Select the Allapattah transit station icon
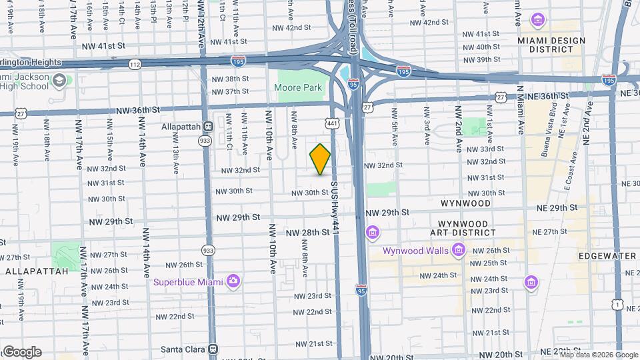click(x=209, y=125)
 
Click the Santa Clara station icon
click(x=213, y=349)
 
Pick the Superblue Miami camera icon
click(x=233, y=281)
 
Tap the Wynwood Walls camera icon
click(x=458, y=251)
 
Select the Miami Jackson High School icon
click(x=59, y=81)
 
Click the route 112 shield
click(x=135, y=65)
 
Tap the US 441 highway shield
click(x=331, y=123)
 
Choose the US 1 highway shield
click(x=618, y=305)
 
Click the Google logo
click(x=21, y=352)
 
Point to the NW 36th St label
click(x=138, y=109)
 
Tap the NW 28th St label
click(x=308, y=233)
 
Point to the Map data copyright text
click(x=591, y=355)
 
